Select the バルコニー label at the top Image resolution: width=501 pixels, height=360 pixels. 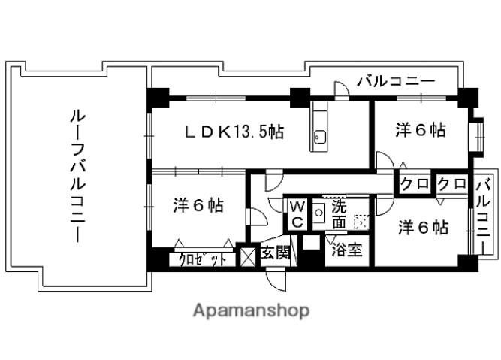coord(396,81)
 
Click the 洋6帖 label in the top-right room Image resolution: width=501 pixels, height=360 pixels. coord(421,130)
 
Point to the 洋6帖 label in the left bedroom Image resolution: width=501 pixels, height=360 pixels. coord(198,204)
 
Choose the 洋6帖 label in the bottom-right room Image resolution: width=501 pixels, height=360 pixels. coord(423,226)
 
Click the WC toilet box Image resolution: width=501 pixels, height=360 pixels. coord(297,214)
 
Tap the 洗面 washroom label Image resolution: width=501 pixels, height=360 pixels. coord(339,213)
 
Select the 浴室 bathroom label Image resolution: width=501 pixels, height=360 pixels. coord(347,250)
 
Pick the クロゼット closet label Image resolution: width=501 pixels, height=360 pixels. coord(202,259)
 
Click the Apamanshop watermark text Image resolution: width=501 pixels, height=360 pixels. coord(251,310)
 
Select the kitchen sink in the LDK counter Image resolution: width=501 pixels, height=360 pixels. coord(319,137)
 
